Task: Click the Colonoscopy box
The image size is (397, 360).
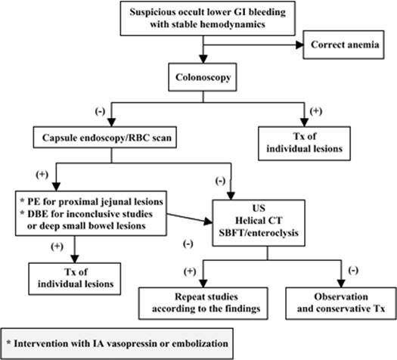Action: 200,77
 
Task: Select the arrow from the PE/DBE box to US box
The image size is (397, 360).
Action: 189,217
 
